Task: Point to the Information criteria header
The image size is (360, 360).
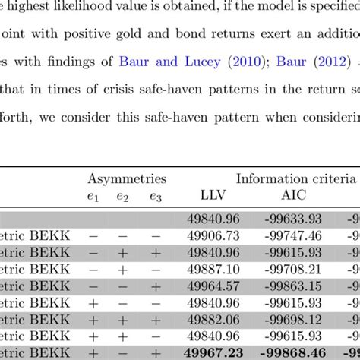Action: click(x=296, y=179)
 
